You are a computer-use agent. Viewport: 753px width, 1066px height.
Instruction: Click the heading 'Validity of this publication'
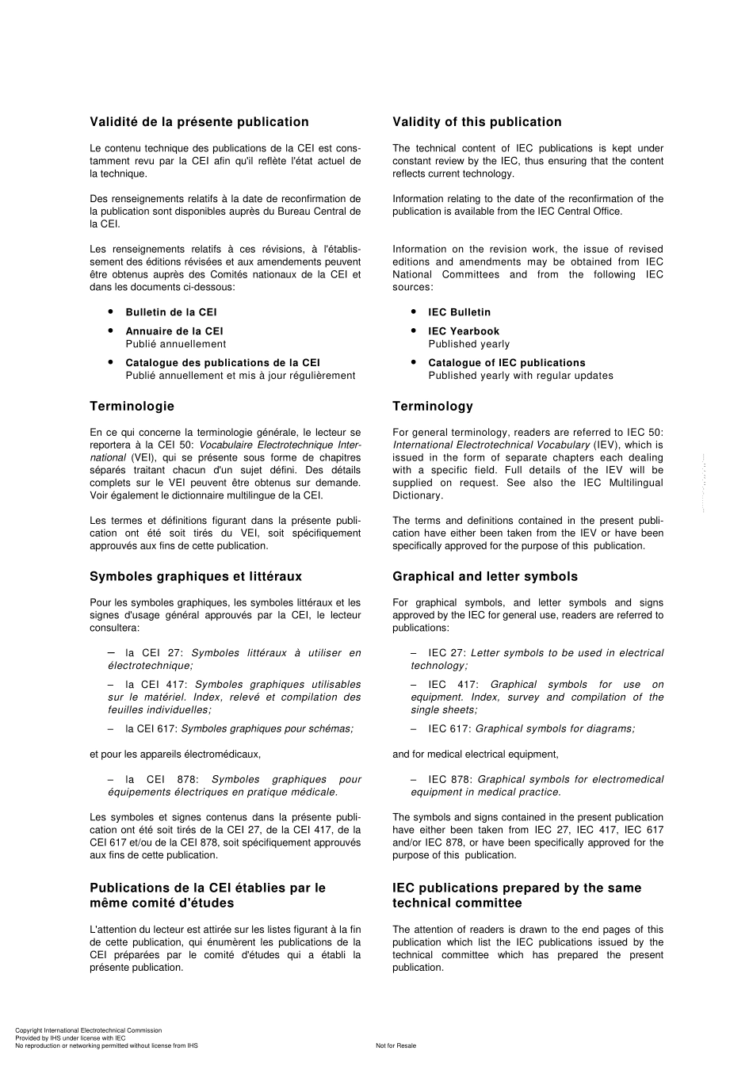[x=476, y=122]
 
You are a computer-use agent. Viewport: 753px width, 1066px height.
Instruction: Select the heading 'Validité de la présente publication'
[x=199, y=122]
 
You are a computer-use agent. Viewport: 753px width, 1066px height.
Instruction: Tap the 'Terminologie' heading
[x=132, y=407]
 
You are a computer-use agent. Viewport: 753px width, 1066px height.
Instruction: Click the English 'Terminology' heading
[x=432, y=407]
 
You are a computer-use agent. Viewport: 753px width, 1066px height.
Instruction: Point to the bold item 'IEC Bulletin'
[x=459, y=312]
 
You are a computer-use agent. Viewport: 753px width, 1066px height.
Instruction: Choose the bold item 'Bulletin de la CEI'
[x=170, y=312]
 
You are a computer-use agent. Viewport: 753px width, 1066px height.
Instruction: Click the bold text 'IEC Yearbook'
[x=464, y=331]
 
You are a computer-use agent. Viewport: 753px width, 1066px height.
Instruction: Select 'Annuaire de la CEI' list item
[x=174, y=331]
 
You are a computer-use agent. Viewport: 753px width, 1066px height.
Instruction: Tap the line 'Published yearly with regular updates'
[x=520, y=376]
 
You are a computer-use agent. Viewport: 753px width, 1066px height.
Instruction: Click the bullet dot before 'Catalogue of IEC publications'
[x=414, y=362]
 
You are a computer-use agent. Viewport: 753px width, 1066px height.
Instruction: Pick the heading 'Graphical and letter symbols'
[x=484, y=577]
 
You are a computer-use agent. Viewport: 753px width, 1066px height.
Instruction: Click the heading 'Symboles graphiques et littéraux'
[x=195, y=577]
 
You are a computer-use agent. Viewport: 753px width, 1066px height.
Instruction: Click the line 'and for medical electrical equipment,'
[x=475, y=755]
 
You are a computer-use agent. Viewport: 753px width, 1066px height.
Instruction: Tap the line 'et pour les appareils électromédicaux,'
[x=174, y=755]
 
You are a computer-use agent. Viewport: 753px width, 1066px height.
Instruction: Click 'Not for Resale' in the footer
[x=396, y=1045]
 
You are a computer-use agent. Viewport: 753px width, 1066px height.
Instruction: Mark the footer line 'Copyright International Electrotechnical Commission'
[x=88, y=1030]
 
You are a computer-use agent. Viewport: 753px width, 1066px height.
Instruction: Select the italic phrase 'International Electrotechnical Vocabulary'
[x=491, y=445]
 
